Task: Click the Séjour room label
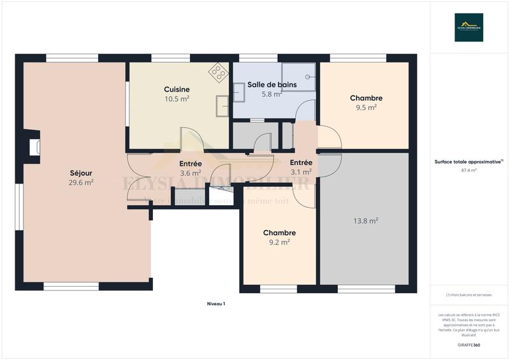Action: point(82,172)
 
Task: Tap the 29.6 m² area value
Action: point(82,182)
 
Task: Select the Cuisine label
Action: point(177,89)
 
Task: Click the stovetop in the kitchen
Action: point(219,72)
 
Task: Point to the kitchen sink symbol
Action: point(222,106)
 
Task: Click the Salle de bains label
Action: point(272,85)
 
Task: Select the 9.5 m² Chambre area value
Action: point(366,108)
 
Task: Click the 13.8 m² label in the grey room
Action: point(366,220)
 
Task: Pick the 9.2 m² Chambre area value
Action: point(279,242)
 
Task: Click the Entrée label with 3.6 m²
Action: point(190,164)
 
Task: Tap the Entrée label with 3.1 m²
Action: point(301,162)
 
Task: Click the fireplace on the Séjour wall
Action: point(33,147)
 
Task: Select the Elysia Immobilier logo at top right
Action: point(469,27)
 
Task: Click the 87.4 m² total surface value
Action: point(469,170)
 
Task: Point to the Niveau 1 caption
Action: point(216,304)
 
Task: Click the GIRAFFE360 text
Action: point(469,345)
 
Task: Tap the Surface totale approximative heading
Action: point(469,162)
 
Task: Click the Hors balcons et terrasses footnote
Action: point(469,294)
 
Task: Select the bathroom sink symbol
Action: point(239,93)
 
